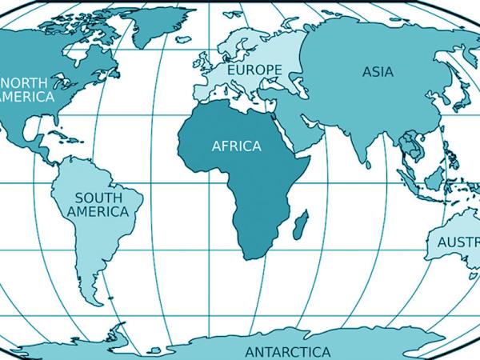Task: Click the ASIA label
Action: pyautogui.click(x=378, y=71)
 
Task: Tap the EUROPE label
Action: pyautogui.click(x=254, y=70)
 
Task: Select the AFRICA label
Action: pyautogui.click(x=236, y=146)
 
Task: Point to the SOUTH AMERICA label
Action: pyautogui.click(x=98, y=204)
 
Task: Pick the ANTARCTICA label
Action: pyautogui.click(x=287, y=352)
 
